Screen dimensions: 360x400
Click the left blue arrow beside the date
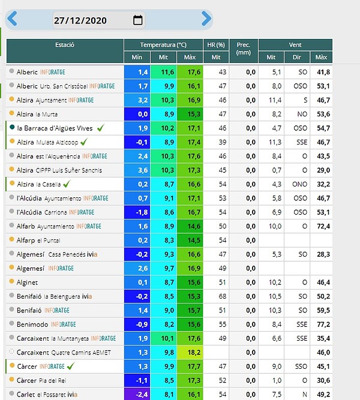point(12,19)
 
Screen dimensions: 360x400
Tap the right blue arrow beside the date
point(206,19)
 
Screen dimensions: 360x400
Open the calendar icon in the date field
point(138,20)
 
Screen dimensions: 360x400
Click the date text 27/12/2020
point(80,20)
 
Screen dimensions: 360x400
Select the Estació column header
point(65,45)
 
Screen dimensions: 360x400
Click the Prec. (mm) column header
point(244,49)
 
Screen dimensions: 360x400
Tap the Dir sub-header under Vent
point(296,57)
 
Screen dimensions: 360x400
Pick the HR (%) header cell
point(216,45)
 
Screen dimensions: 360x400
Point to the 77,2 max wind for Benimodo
point(323,324)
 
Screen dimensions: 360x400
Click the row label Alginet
point(27,282)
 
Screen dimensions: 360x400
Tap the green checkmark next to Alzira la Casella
point(67,184)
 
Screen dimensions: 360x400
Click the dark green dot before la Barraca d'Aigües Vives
point(12,127)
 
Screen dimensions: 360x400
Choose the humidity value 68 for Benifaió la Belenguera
point(223,296)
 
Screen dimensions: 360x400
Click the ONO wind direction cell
point(299,184)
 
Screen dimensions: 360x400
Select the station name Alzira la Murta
point(37,114)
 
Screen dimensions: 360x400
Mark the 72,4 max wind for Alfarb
point(323,226)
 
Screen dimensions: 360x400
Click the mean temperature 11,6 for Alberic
point(167,72)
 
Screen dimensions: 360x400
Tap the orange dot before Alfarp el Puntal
point(11,239)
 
